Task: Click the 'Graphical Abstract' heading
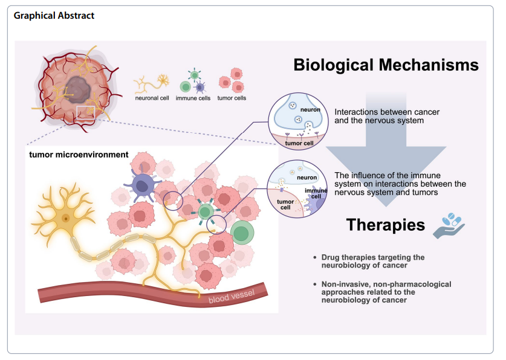pos(54,15)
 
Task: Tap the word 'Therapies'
pos(386,225)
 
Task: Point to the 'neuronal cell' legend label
pos(152,97)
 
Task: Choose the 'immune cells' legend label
pos(193,97)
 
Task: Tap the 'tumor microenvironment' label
pos(79,155)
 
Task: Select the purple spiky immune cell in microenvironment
pos(143,185)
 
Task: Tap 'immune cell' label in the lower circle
pos(315,194)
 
